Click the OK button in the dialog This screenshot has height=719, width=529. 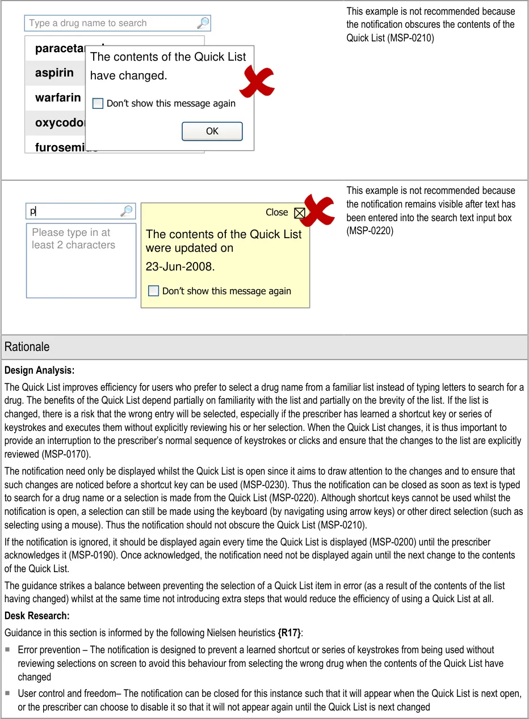pos(212,131)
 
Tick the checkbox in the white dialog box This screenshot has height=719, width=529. pos(98,104)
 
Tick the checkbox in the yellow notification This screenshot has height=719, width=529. pos(153,291)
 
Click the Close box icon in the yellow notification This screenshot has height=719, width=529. pos(300,213)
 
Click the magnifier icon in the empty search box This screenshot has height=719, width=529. pos(203,23)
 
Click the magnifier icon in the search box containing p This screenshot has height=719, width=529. pos(127,212)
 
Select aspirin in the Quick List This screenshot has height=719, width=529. pos(54,73)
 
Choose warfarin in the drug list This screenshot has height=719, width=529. pos(58,98)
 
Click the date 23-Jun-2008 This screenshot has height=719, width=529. pos(180,267)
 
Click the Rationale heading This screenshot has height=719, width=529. pos(27,347)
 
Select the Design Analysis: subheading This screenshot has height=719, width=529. pos(40,371)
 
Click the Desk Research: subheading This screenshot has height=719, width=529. pos(37,616)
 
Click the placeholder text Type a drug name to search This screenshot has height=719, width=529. pos(88,23)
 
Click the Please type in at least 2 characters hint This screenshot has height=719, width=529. pos(73,239)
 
